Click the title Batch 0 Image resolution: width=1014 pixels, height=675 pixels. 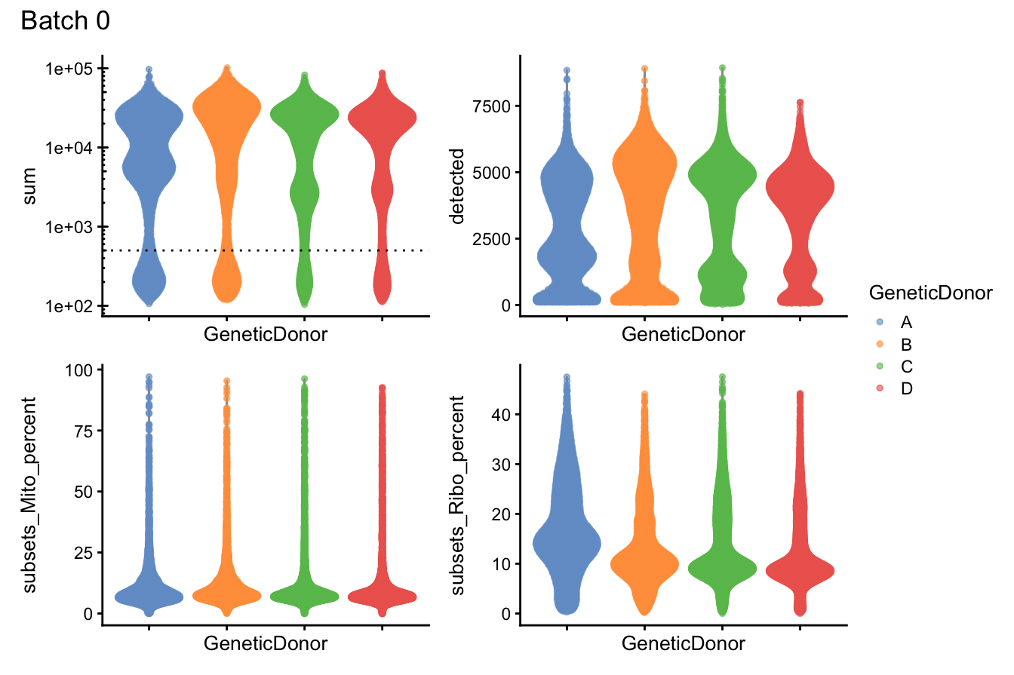click(x=66, y=22)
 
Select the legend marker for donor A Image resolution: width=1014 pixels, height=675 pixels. click(x=879, y=322)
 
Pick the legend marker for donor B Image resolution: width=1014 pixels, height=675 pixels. click(x=879, y=345)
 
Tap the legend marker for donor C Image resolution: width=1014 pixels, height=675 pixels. click(x=879, y=367)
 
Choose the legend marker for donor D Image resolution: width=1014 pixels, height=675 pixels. click(x=879, y=388)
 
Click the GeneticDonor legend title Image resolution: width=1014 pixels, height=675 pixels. click(x=929, y=293)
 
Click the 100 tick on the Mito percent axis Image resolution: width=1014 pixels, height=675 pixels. click(x=76, y=370)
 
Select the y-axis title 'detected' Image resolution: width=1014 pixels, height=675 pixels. click(x=456, y=186)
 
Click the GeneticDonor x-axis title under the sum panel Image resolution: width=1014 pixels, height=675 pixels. click(x=266, y=335)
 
